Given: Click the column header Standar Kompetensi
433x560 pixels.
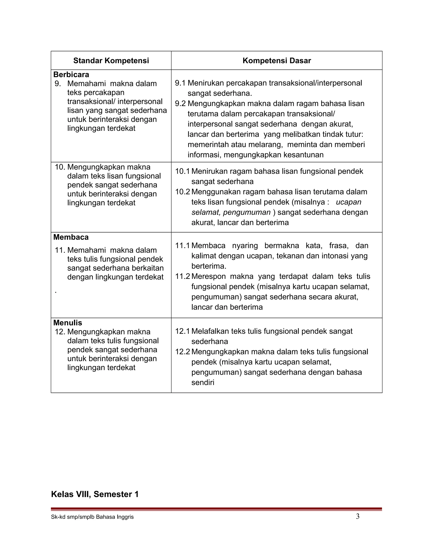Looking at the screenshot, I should tap(111, 61).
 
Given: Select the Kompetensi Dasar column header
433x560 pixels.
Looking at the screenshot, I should tap(277, 61).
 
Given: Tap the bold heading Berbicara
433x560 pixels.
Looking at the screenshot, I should tap(71, 75).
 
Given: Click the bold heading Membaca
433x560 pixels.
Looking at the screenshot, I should tap(71, 237).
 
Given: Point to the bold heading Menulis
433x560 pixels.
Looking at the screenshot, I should tap(68, 323).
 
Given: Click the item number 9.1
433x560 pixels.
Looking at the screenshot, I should tap(180, 83).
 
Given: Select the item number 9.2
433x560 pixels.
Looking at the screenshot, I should tap(180, 104).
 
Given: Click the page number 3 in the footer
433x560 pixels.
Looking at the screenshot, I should tap(358, 516).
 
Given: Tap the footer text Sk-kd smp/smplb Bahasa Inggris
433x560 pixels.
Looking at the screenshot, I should tap(92, 517).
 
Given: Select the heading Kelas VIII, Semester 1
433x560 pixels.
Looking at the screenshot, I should tap(95, 494).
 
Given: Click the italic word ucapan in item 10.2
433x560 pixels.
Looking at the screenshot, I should tap(348, 202).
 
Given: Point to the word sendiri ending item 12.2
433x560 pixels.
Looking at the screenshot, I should tap(203, 382).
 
